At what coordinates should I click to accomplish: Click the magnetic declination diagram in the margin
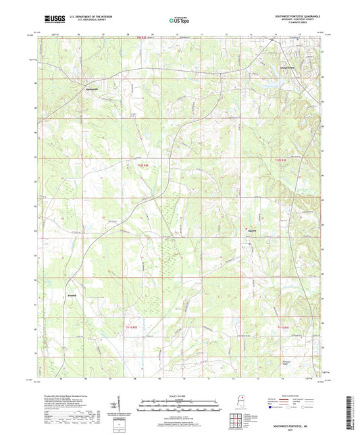tap(120, 405)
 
